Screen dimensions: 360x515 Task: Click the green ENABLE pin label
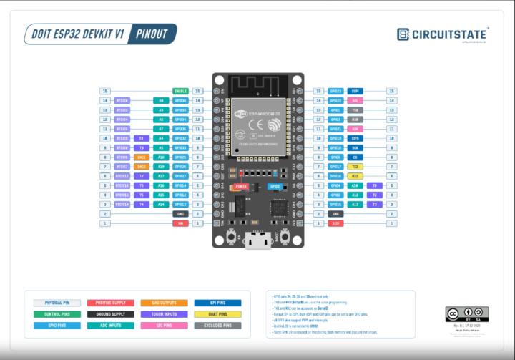point(180,92)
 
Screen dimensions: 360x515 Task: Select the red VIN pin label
point(180,223)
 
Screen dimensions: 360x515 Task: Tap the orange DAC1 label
point(142,157)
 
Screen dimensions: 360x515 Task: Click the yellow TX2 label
point(355,167)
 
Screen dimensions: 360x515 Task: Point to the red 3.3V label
point(335,223)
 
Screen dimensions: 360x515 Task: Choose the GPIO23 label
point(335,92)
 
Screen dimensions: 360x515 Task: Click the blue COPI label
point(355,92)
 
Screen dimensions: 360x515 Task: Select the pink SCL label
point(355,101)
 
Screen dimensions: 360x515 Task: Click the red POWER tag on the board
point(241,186)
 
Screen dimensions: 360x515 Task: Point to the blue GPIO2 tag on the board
point(274,186)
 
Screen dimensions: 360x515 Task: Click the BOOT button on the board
point(285,236)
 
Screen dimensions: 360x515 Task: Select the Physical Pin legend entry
point(57,303)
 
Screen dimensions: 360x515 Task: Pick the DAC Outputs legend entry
point(165,303)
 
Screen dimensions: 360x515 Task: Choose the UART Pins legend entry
point(217,314)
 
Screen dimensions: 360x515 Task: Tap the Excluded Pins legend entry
point(217,325)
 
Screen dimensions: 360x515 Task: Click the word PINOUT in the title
point(152,34)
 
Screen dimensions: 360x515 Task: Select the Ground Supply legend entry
point(111,314)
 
